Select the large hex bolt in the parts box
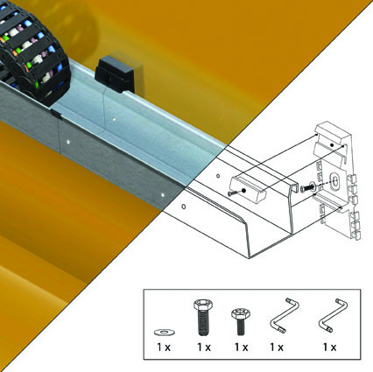pos(202,317)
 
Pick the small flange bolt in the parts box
pos(240,322)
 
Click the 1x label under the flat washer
pos(164,347)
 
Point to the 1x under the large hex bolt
pos(204,347)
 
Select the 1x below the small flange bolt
pos(241,347)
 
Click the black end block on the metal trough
pos(115,73)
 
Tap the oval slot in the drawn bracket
pos(334,180)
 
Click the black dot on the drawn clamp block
pos(243,190)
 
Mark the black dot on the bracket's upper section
pos(332,145)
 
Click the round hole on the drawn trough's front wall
pos(183,207)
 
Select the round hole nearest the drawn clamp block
pos(218,176)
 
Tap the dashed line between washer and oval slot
pos(324,184)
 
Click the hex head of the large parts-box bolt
pos(202,305)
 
